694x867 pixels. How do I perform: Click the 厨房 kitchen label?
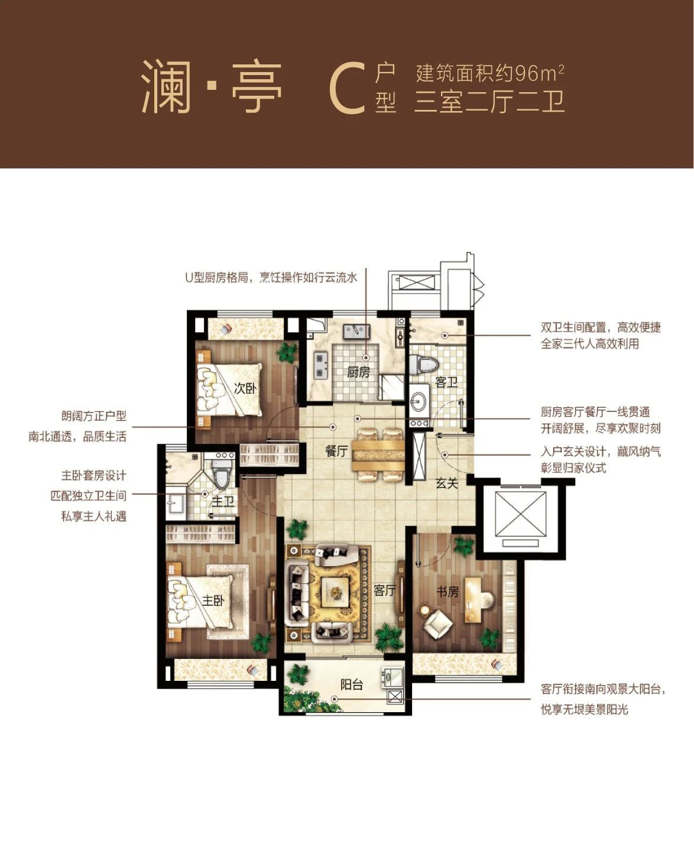pos(358,372)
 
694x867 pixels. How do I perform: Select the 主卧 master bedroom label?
pos(213,600)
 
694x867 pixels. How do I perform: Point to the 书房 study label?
pos(447,592)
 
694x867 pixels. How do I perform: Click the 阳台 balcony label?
pos(351,684)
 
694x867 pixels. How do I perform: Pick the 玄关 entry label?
pos(447,483)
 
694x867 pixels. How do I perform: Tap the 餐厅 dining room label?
pos(336,451)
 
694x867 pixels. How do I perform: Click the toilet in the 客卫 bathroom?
pos(423,364)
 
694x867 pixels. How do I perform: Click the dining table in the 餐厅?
pos(378,455)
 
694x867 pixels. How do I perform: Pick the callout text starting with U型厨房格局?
pos(271,278)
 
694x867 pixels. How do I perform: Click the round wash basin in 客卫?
pos(420,401)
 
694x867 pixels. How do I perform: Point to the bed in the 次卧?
pos(229,390)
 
